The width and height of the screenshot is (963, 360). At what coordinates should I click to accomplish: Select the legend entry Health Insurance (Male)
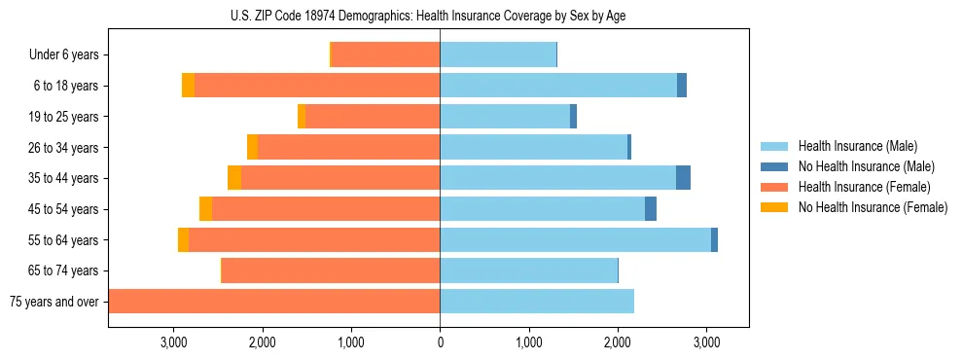click(x=857, y=146)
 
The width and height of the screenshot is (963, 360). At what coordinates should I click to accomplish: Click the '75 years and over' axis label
click(x=54, y=302)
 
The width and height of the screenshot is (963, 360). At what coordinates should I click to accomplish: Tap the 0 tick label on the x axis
click(x=440, y=342)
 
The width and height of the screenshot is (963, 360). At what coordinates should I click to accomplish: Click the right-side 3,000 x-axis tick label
click(x=706, y=342)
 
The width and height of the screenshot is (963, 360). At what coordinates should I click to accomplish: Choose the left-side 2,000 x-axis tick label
click(x=262, y=342)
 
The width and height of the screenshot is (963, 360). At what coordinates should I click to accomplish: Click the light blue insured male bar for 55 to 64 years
click(x=575, y=239)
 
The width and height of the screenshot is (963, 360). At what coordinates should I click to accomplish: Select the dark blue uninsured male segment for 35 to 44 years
click(x=683, y=178)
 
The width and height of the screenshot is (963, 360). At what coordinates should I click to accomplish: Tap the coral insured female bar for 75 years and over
click(x=274, y=302)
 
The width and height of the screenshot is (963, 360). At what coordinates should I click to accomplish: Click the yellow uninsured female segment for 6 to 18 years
click(x=188, y=86)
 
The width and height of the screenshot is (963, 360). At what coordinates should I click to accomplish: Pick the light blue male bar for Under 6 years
click(x=498, y=55)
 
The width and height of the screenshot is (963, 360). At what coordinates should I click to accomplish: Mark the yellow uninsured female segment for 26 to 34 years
click(x=253, y=147)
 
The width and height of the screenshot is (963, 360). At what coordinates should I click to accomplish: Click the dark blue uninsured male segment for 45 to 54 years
click(x=651, y=209)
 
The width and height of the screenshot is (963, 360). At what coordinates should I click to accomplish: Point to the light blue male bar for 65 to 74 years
click(x=528, y=270)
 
